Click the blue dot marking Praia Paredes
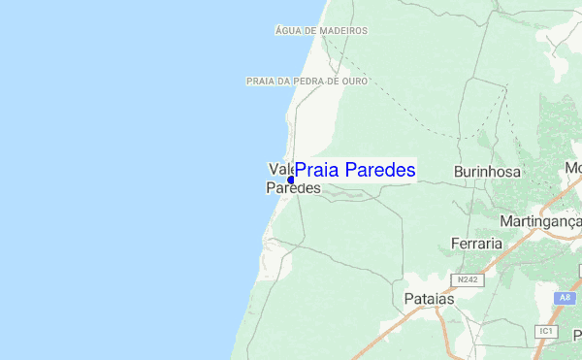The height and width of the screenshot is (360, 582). (x=291, y=180)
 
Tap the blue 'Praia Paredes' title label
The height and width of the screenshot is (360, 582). (x=355, y=170)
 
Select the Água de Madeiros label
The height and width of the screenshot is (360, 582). (x=321, y=30)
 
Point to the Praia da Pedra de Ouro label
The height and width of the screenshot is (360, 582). (x=307, y=82)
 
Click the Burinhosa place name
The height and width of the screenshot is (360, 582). (x=487, y=172)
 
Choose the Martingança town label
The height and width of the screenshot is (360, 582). (x=540, y=221)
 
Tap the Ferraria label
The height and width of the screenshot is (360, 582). (x=476, y=243)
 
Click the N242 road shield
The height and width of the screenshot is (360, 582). (x=469, y=279)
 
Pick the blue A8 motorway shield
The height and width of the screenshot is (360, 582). (x=566, y=298)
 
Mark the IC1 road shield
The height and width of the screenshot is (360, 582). (x=547, y=332)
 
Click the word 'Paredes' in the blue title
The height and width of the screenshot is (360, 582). (x=380, y=170)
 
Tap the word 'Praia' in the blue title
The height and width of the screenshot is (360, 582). (x=317, y=170)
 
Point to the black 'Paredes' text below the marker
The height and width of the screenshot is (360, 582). (x=293, y=189)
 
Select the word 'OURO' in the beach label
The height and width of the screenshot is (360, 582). (x=354, y=82)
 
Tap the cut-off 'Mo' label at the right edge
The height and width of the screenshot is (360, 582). (x=573, y=169)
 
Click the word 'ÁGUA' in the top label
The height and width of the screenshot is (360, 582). (x=287, y=30)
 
